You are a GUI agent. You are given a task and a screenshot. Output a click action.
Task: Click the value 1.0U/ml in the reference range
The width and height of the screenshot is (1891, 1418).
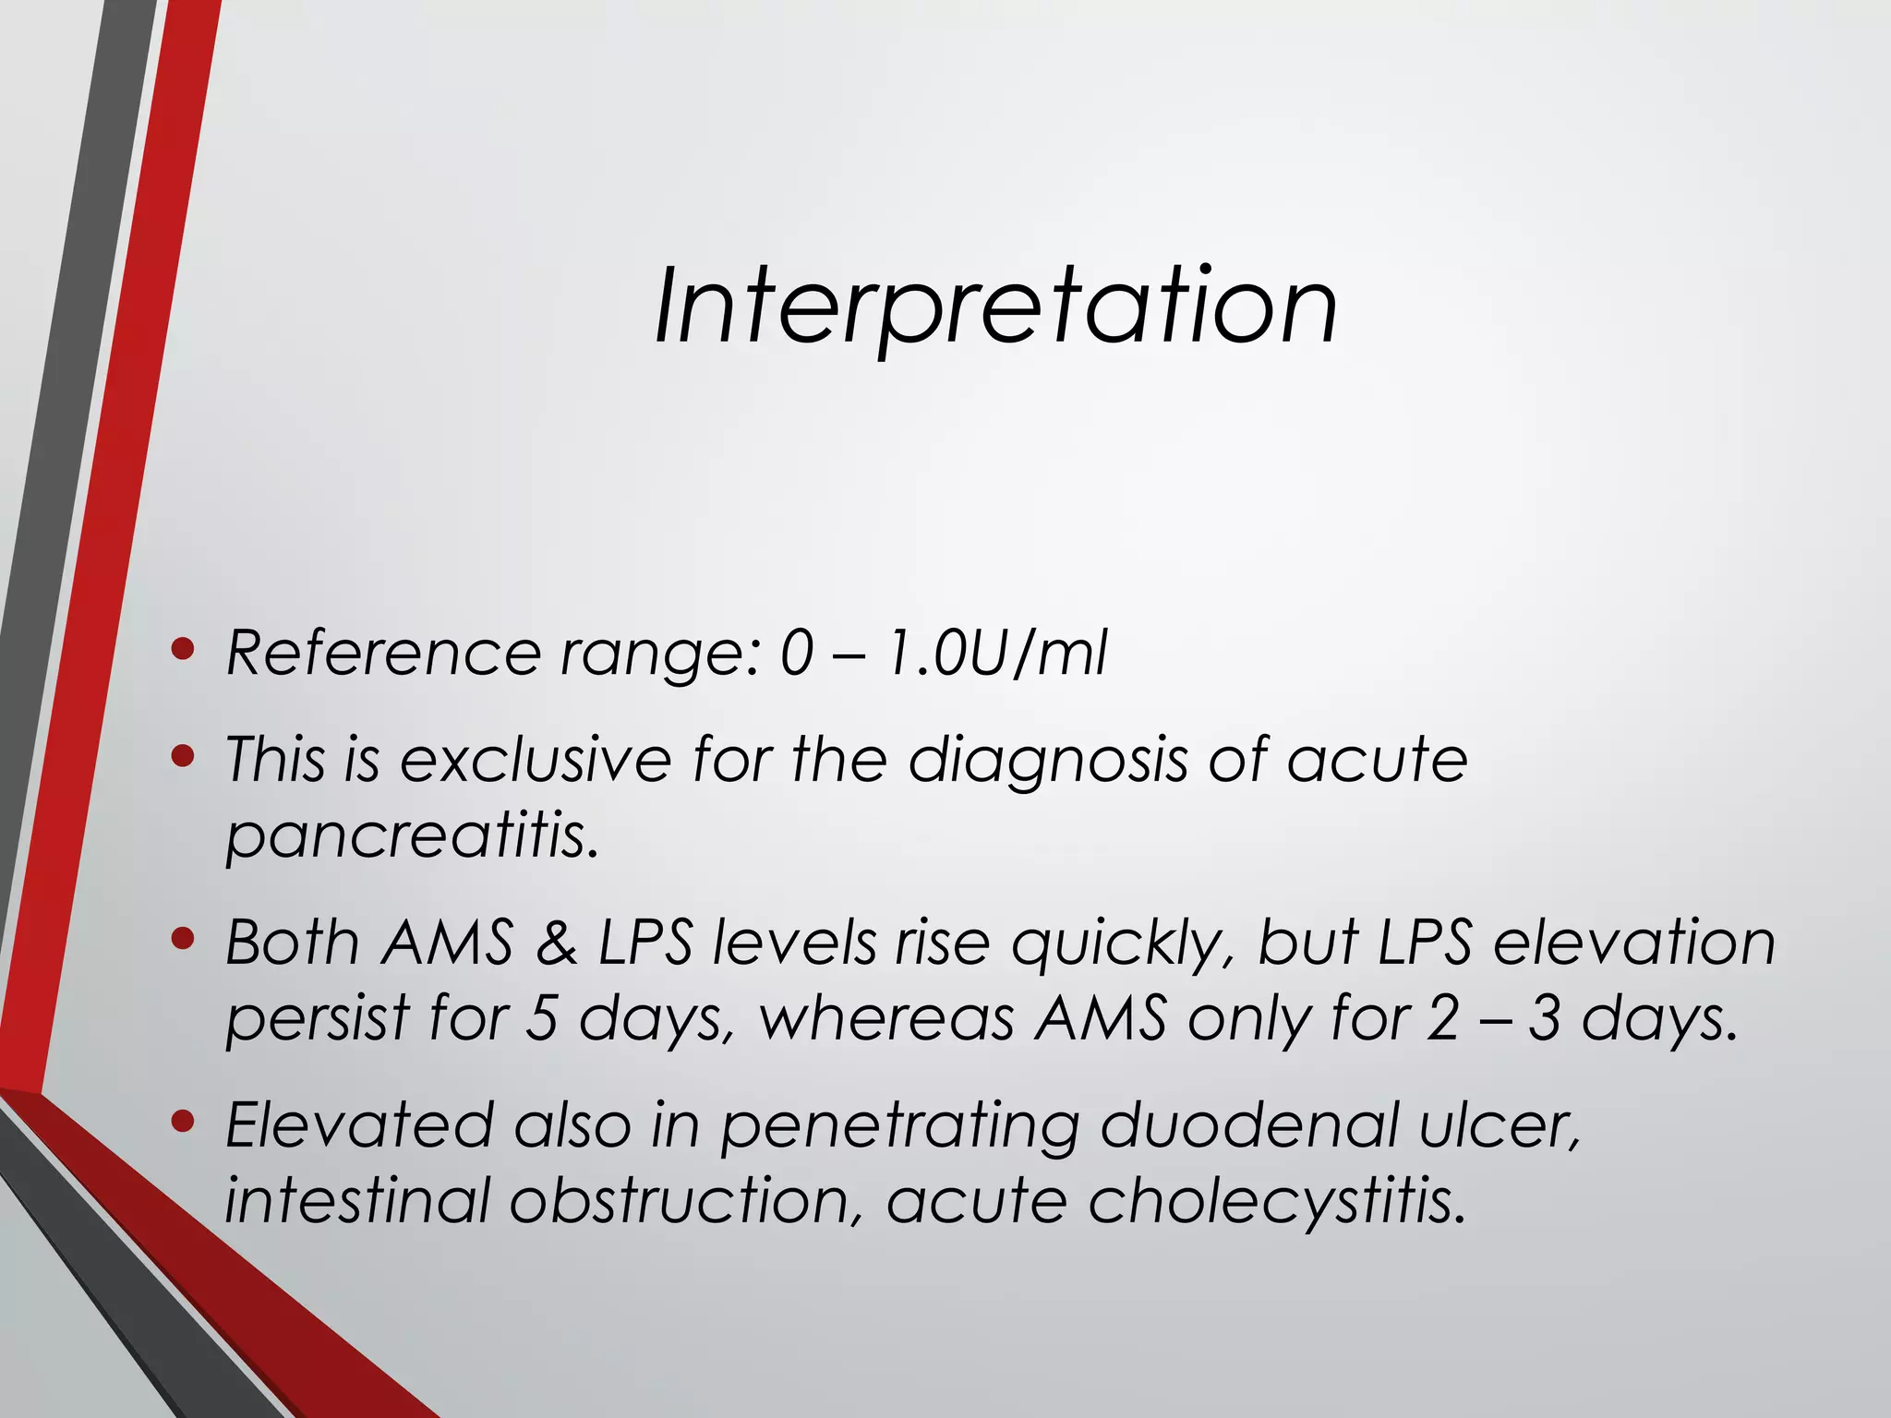(995, 654)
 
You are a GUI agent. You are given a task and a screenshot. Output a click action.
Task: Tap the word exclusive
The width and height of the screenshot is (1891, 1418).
(536, 760)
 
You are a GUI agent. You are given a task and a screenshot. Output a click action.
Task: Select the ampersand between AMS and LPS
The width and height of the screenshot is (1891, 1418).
(556, 943)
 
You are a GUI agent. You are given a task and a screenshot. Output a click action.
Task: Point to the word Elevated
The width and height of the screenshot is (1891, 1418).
(360, 1125)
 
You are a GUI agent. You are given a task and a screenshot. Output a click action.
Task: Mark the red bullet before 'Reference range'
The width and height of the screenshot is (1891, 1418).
(183, 650)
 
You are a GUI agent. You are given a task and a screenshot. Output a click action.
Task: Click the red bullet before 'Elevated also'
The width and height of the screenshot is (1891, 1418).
(183, 1122)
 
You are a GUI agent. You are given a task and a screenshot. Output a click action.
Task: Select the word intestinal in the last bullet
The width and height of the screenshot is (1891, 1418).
(356, 1201)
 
